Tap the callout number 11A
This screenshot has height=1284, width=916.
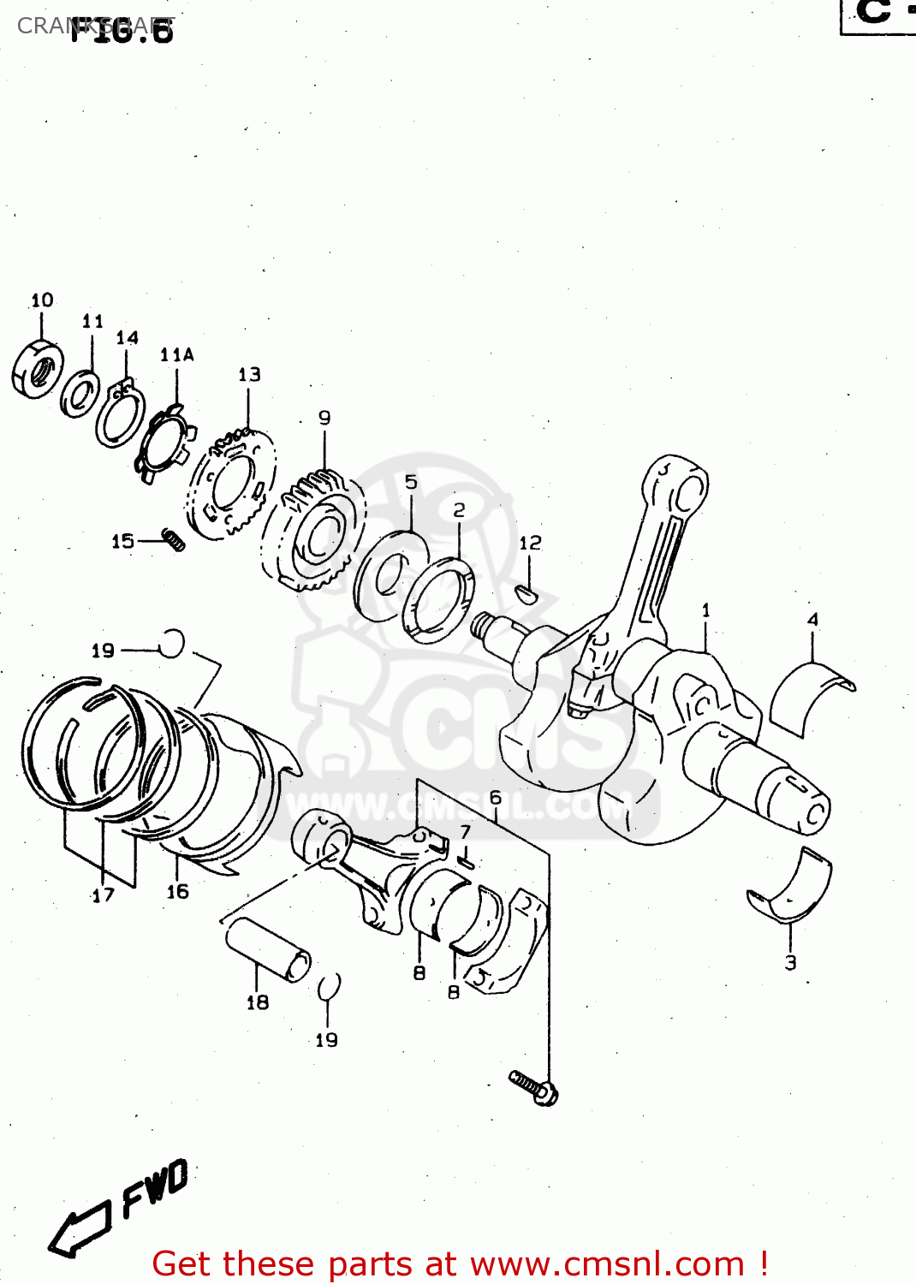point(176,355)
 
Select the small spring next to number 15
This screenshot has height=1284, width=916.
point(174,540)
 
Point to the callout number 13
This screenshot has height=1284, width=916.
point(249,375)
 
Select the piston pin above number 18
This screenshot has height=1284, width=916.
point(268,949)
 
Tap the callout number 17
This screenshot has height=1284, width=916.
point(103,895)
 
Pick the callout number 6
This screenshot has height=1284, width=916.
point(495,798)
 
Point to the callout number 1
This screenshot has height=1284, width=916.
point(705,610)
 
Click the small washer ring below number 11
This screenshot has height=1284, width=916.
point(80,393)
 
